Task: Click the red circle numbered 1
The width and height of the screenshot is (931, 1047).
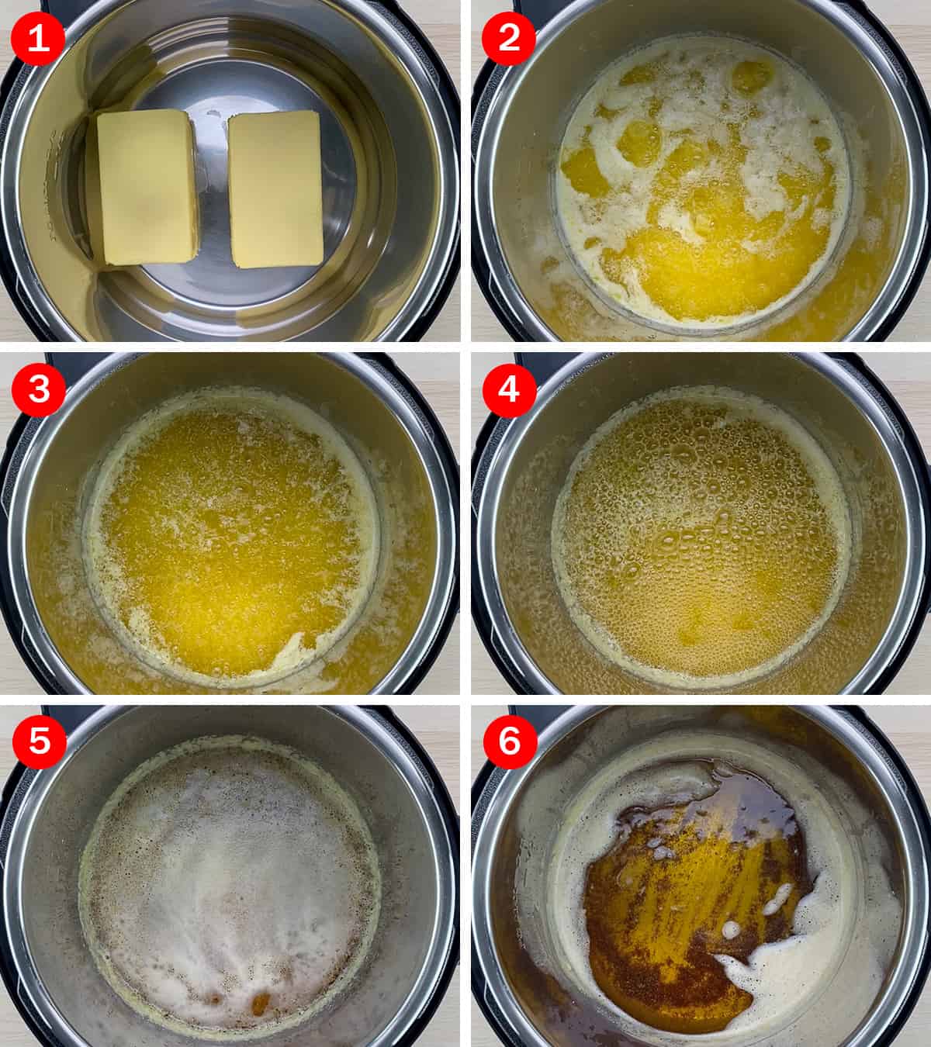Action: point(38,38)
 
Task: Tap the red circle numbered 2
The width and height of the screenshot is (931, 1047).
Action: point(509,38)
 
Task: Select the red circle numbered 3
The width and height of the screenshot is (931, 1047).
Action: point(39,389)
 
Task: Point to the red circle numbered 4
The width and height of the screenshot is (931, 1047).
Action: point(509,389)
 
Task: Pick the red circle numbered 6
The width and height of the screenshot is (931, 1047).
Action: point(510,741)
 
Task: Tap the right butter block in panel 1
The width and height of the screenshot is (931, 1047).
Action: point(276,189)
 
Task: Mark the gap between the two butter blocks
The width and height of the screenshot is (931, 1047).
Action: point(213,188)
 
